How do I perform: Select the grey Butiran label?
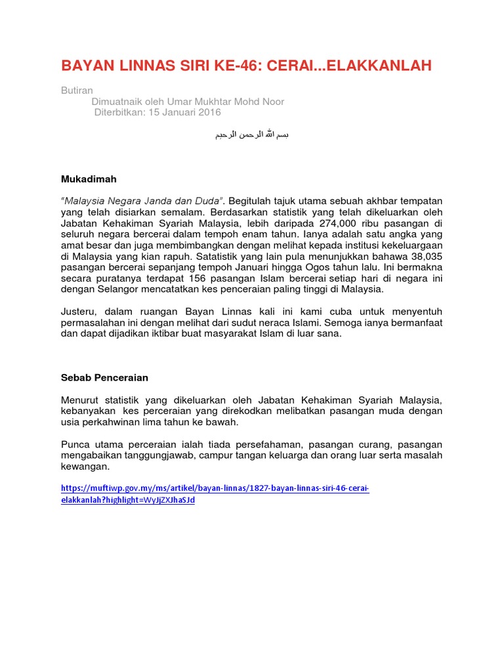click(x=75, y=91)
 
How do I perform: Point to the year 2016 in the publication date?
click(x=209, y=112)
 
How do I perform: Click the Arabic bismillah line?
click(x=252, y=135)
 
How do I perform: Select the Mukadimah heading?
click(x=89, y=178)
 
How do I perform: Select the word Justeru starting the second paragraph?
click(x=79, y=312)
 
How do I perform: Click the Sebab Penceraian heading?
click(x=104, y=377)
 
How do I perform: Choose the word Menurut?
click(x=82, y=400)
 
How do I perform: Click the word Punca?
click(x=76, y=445)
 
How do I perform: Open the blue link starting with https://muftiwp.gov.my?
click(x=215, y=489)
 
